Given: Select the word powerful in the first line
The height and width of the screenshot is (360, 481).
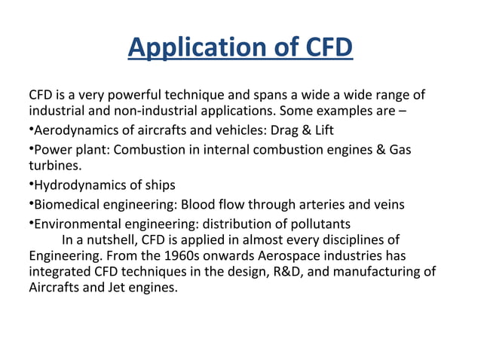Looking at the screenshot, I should pyautogui.click(x=131, y=96).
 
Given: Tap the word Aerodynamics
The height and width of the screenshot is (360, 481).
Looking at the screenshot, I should pyautogui.click(x=72, y=130).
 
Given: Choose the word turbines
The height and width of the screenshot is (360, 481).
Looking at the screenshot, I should pyautogui.click(x=54, y=164).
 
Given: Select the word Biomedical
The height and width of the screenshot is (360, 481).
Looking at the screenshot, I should pyautogui.click(x=67, y=204).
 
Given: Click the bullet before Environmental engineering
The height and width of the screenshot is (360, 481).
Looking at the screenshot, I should pyautogui.click(x=31, y=223).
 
